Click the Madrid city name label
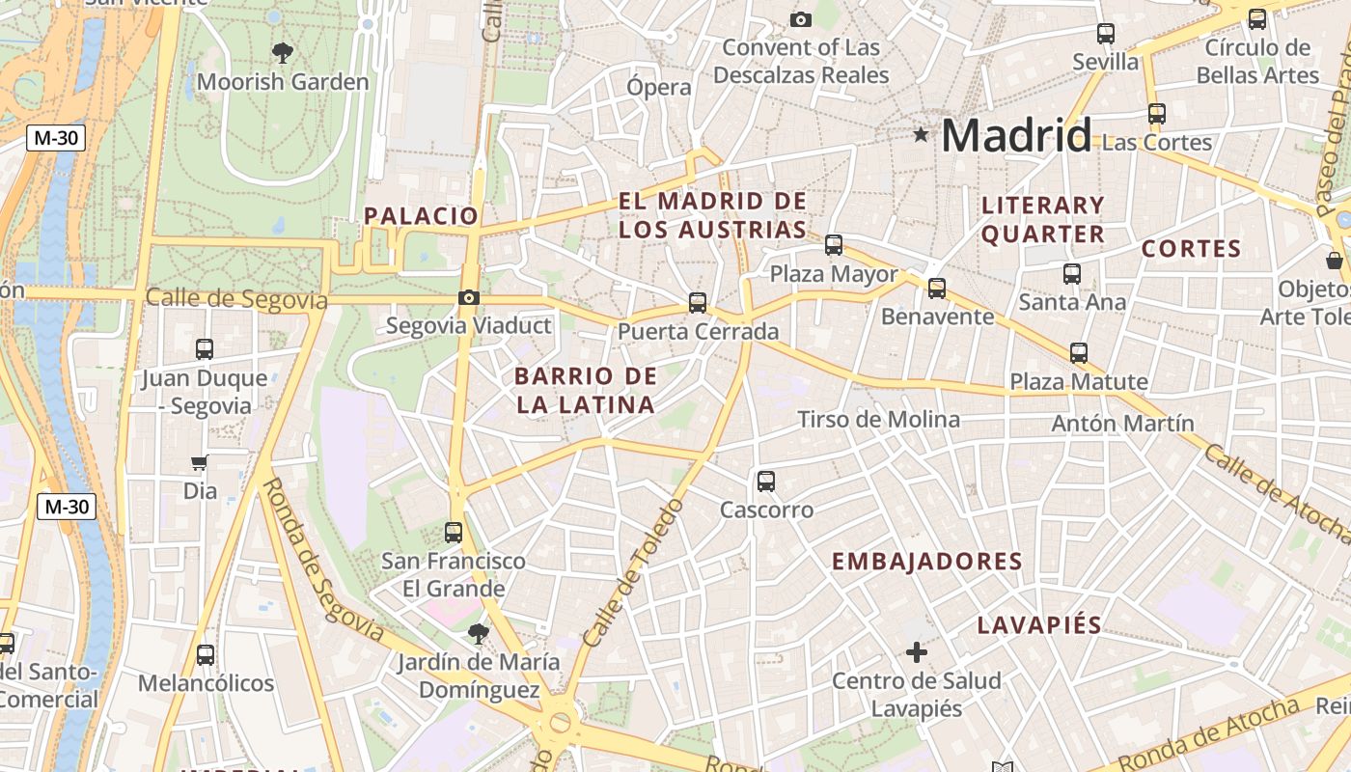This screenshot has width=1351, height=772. click(1015, 135)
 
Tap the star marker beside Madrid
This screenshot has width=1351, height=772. click(922, 135)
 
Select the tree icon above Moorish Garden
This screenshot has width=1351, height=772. click(282, 52)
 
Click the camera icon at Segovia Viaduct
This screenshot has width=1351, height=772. click(469, 297)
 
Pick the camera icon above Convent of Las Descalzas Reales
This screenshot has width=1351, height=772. click(800, 19)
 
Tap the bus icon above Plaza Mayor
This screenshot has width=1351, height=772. click(834, 245)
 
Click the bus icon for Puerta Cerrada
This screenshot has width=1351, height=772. click(698, 303)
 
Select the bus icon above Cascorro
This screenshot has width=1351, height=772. click(766, 481)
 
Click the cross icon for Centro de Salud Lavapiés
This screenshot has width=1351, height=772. click(917, 653)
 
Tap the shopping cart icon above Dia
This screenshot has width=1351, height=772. click(200, 462)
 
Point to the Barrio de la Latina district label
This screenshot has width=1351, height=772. click(586, 390)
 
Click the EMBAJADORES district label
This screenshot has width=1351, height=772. click(926, 562)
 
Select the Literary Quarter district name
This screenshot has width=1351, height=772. click(1042, 219)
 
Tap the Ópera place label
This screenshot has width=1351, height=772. click(659, 87)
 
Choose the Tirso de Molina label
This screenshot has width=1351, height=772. click(878, 419)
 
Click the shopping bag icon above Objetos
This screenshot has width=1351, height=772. click(1335, 261)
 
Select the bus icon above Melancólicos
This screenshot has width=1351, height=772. click(205, 655)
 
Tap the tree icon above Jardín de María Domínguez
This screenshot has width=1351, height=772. click(478, 634)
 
